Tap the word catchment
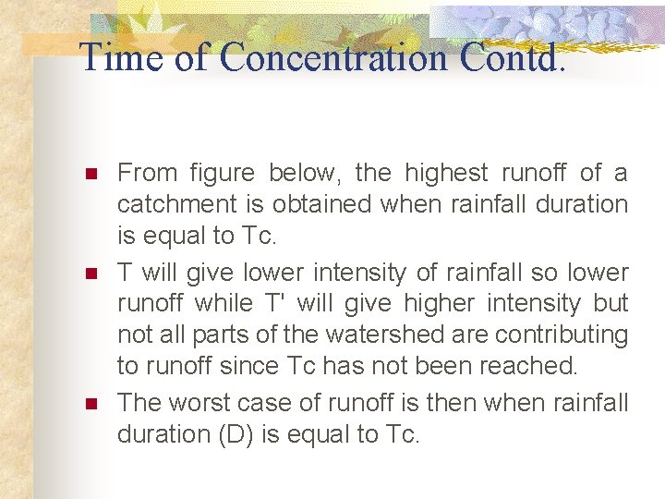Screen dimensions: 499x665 pyautogui.click(x=172, y=204)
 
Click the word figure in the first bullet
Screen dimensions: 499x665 pyautogui.click(x=223, y=173)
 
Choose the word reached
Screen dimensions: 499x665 pyautogui.click(x=525, y=366)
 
